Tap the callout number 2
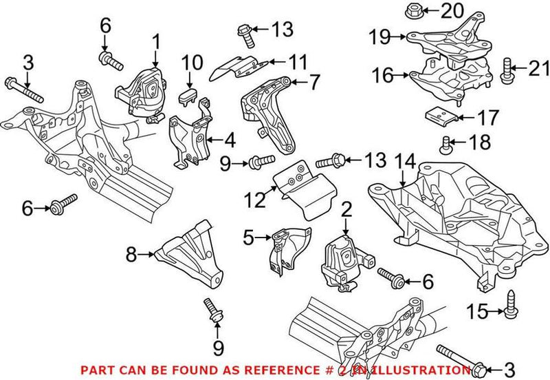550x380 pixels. click(x=346, y=209)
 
